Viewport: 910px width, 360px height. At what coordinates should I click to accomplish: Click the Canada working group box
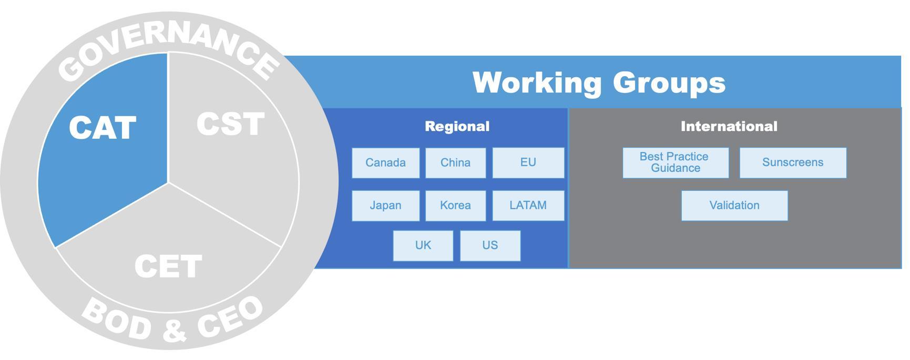click(385, 163)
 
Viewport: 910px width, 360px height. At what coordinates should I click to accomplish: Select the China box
click(455, 163)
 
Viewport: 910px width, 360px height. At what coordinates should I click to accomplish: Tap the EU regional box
click(528, 163)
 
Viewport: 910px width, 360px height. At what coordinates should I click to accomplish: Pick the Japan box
click(385, 205)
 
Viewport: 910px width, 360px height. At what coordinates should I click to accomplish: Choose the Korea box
click(455, 205)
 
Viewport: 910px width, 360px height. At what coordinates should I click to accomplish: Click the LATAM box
click(528, 205)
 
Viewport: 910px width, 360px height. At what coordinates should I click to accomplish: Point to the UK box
click(423, 245)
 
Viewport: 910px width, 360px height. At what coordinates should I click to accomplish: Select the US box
click(490, 245)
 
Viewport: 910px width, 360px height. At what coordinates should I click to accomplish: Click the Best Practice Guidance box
click(675, 163)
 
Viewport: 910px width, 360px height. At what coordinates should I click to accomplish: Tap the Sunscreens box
click(793, 163)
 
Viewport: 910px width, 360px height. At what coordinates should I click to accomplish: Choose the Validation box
click(734, 205)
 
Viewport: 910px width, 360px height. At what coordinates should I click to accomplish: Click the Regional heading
click(457, 127)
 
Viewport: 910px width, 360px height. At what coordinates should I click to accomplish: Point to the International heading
click(729, 127)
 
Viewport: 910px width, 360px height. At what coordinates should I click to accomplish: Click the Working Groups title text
click(599, 83)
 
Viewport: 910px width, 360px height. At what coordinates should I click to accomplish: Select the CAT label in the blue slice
click(103, 128)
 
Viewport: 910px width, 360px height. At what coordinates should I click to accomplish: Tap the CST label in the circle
click(230, 125)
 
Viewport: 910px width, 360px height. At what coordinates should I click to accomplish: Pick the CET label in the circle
click(168, 266)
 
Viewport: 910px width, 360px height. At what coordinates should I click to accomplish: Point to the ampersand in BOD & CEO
click(175, 330)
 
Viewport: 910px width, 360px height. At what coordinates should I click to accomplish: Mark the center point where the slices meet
click(168, 183)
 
